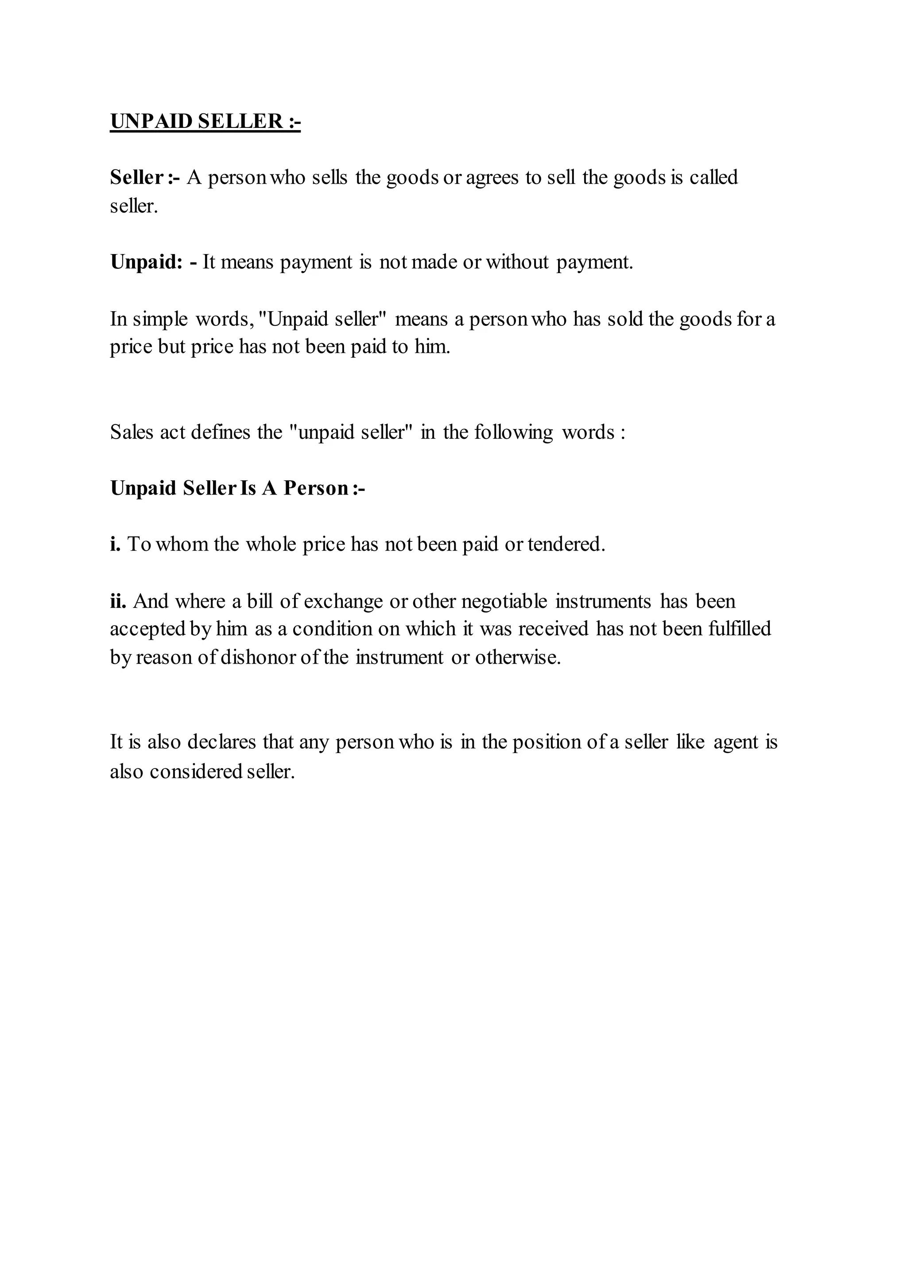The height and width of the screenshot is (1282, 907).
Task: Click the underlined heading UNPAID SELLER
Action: [x=205, y=121]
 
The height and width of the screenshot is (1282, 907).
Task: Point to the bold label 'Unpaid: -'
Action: [x=154, y=262]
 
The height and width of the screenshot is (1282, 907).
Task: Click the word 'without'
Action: [x=517, y=262]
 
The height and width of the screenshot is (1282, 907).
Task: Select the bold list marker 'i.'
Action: [x=115, y=544]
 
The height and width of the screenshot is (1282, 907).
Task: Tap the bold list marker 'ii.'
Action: [x=118, y=601]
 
